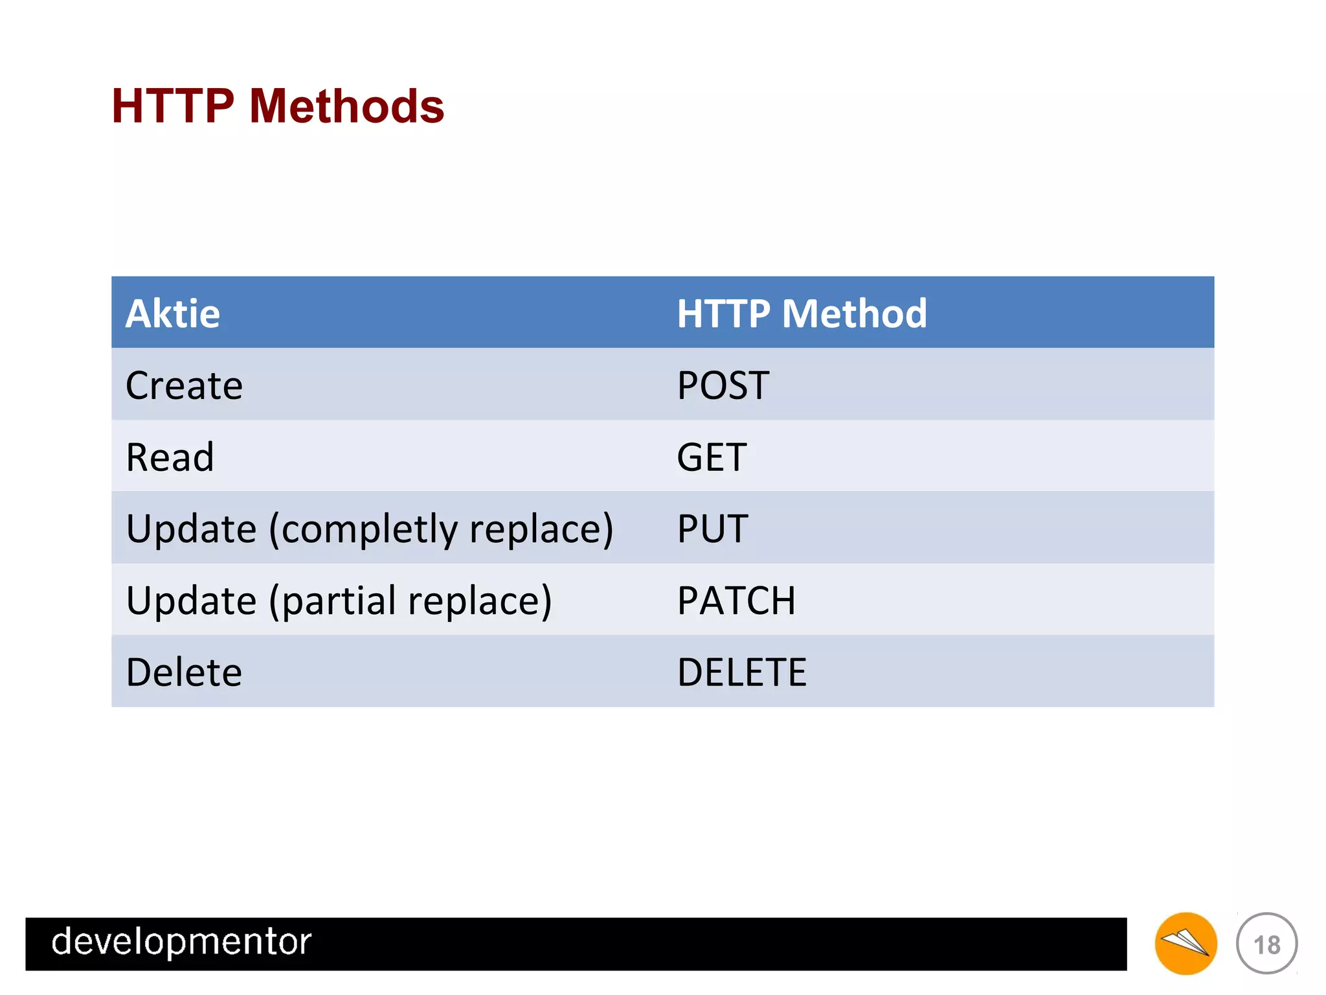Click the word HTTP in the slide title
click(x=172, y=106)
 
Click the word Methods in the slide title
click(x=346, y=106)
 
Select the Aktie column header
click(x=173, y=314)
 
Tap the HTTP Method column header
click(x=802, y=314)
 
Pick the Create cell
click(x=184, y=386)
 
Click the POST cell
click(x=723, y=386)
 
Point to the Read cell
click(x=170, y=457)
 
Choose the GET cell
click(x=712, y=457)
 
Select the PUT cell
click(x=712, y=529)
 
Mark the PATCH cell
click(x=736, y=601)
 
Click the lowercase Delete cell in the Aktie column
click(x=184, y=672)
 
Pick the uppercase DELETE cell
click(x=741, y=672)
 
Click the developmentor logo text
click(x=181, y=942)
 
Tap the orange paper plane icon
click(x=1186, y=943)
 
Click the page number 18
click(x=1266, y=944)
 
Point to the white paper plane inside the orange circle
click(x=1184, y=942)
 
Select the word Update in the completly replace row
click(x=191, y=530)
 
